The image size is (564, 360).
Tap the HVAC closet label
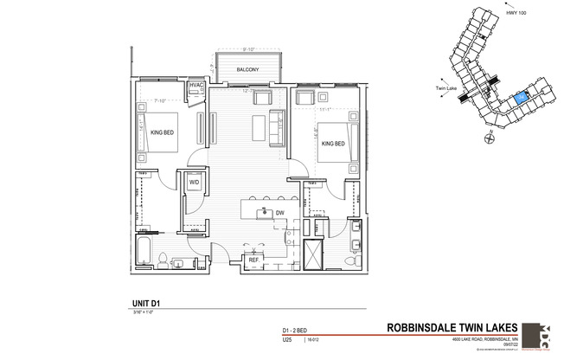[x=196, y=86]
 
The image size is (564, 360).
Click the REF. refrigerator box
[x=254, y=259]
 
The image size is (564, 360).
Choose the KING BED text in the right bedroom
[x=333, y=143]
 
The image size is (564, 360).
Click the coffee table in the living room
[x=259, y=127]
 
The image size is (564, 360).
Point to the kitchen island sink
[x=260, y=211]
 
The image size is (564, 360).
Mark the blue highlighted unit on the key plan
[x=519, y=100]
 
